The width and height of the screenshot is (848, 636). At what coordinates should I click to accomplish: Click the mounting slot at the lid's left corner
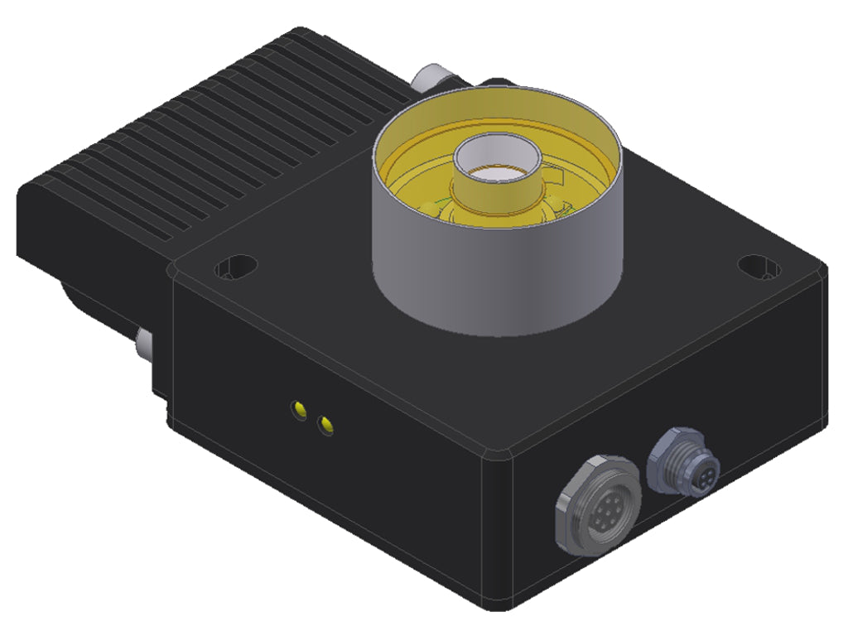click(235, 267)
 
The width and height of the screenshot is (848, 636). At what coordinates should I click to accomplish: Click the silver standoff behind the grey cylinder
click(430, 79)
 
